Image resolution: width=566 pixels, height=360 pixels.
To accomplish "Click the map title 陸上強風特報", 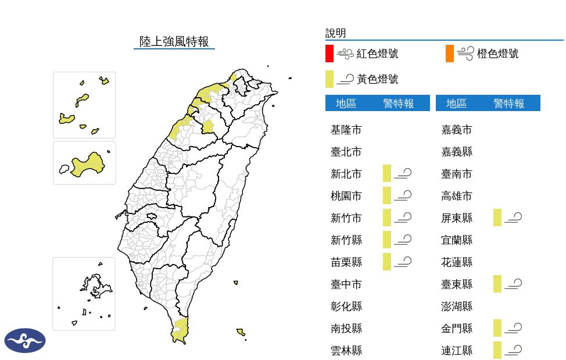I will pos(174,41).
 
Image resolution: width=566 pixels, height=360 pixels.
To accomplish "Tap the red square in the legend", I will pos(329,54).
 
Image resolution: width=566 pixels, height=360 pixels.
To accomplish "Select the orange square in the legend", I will pos(450,54).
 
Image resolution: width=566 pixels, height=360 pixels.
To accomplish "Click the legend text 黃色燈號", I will pos(377,79).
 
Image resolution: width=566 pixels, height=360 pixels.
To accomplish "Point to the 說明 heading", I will pos(335,33).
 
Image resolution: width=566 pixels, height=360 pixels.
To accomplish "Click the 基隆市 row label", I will pos(346,130).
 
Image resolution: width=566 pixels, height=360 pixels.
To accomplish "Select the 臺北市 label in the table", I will pos(346,152).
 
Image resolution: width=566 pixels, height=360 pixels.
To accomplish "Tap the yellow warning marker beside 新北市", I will pos(387,173).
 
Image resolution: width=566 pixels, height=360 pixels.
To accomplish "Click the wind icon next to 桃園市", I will pos(403,195).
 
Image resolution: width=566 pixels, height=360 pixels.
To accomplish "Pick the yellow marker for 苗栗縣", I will pos(387,262).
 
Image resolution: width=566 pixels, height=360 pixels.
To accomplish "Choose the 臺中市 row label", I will pos(346,284).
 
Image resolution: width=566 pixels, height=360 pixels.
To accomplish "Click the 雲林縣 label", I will pos(346,351).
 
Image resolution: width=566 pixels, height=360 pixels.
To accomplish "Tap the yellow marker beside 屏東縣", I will pos(497,218).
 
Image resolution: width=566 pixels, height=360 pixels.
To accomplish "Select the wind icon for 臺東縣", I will pos(514,284).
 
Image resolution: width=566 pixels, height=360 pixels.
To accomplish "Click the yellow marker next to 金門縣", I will pos(497,328).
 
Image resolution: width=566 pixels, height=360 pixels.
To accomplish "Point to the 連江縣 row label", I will pos(457,351).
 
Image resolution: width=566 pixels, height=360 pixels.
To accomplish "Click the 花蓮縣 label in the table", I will pos(457,262).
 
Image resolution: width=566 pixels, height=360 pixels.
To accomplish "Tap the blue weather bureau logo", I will pos(25,341).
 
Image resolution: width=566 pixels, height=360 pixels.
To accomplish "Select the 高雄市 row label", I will pos(457,196).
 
